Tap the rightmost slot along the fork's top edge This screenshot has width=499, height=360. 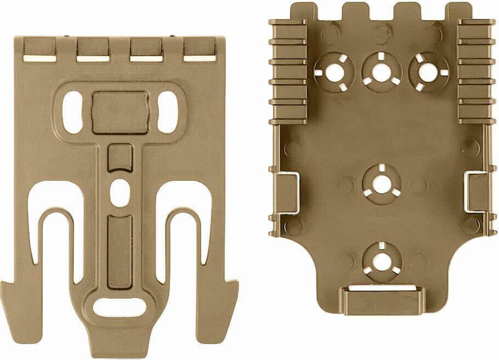(x=200, y=58)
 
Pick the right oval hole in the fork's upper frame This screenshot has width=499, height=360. (x=167, y=112)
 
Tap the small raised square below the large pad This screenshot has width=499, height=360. (x=120, y=158)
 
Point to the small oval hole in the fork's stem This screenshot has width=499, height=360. (x=119, y=194)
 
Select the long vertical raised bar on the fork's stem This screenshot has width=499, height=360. (x=120, y=251)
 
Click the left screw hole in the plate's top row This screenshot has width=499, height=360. (x=332, y=72)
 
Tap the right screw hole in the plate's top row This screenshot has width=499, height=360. (x=428, y=72)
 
